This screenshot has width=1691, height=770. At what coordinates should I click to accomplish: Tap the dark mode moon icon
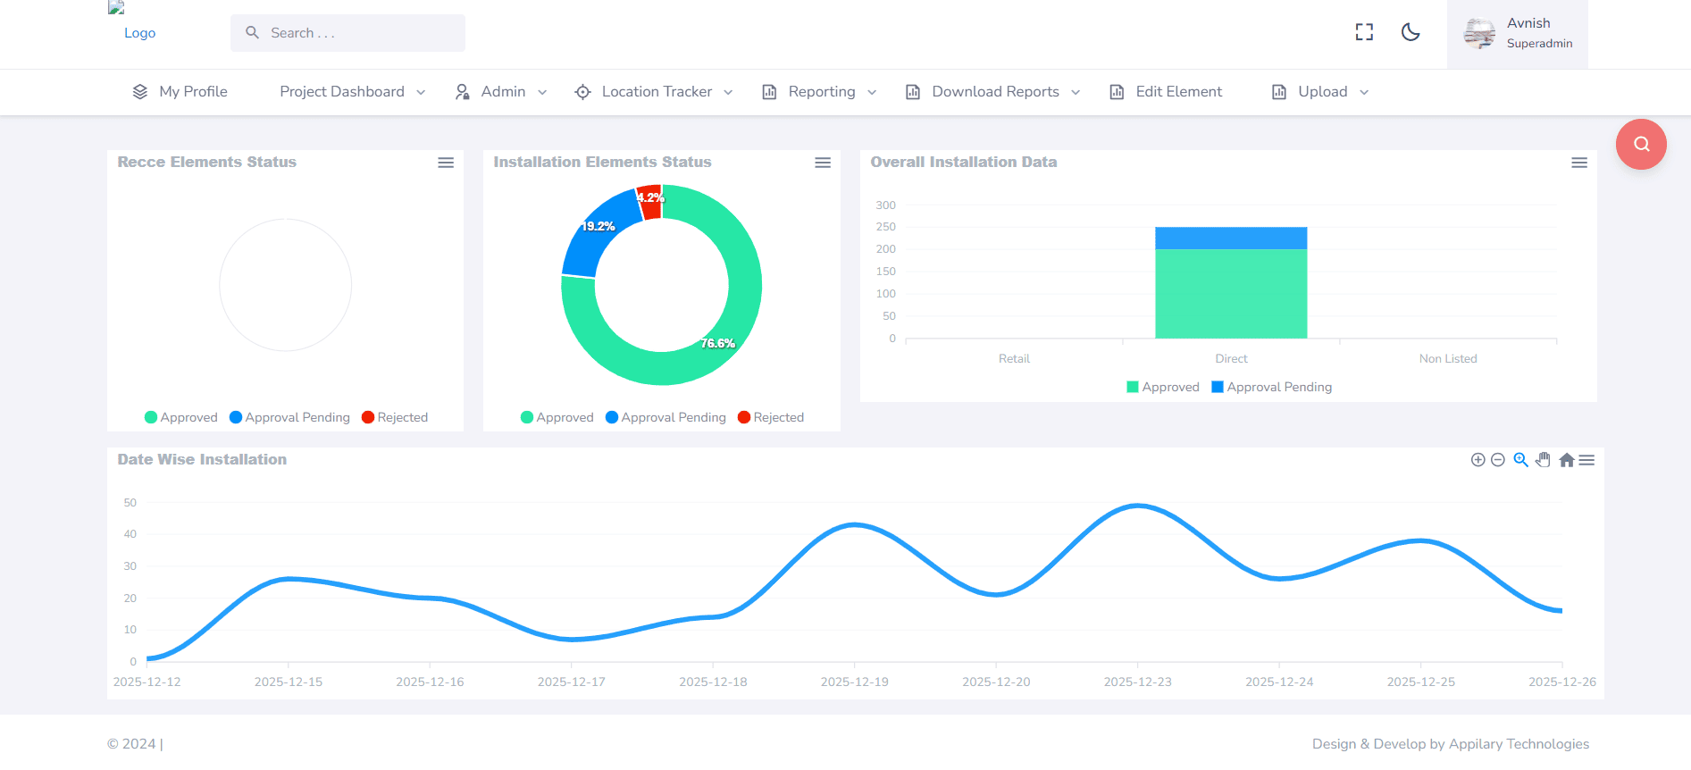click(x=1411, y=32)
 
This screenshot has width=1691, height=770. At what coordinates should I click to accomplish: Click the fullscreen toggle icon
click(x=1364, y=32)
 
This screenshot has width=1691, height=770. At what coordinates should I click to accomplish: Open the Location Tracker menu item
click(x=655, y=92)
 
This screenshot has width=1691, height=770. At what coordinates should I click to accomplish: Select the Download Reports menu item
click(x=993, y=92)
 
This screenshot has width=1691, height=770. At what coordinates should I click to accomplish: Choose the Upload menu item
click(x=1320, y=92)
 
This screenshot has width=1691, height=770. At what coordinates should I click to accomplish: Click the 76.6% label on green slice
click(x=717, y=344)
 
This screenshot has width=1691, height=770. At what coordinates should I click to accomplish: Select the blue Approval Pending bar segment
click(x=1231, y=238)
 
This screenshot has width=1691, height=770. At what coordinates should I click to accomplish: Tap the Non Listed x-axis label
click(x=1448, y=358)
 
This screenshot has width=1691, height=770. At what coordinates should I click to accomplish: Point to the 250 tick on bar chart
click(x=885, y=227)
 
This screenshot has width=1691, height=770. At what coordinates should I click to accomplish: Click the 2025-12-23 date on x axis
click(x=1137, y=682)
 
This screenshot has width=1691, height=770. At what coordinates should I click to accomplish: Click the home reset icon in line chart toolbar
click(x=1566, y=460)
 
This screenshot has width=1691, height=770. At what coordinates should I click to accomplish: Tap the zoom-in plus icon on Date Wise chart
click(x=1478, y=460)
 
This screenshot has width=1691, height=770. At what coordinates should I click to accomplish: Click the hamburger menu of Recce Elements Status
click(x=446, y=163)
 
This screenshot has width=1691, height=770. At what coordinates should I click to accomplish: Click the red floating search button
click(x=1641, y=145)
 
